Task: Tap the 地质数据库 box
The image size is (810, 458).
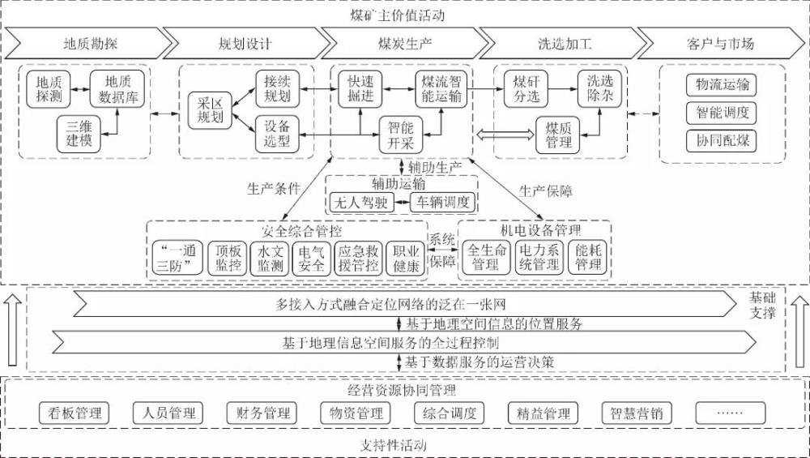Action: (x=117, y=89)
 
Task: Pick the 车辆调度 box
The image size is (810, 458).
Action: (x=442, y=202)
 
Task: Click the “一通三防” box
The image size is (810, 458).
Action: (x=176, y=257)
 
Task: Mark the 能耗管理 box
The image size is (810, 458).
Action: (x=589, y=257)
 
